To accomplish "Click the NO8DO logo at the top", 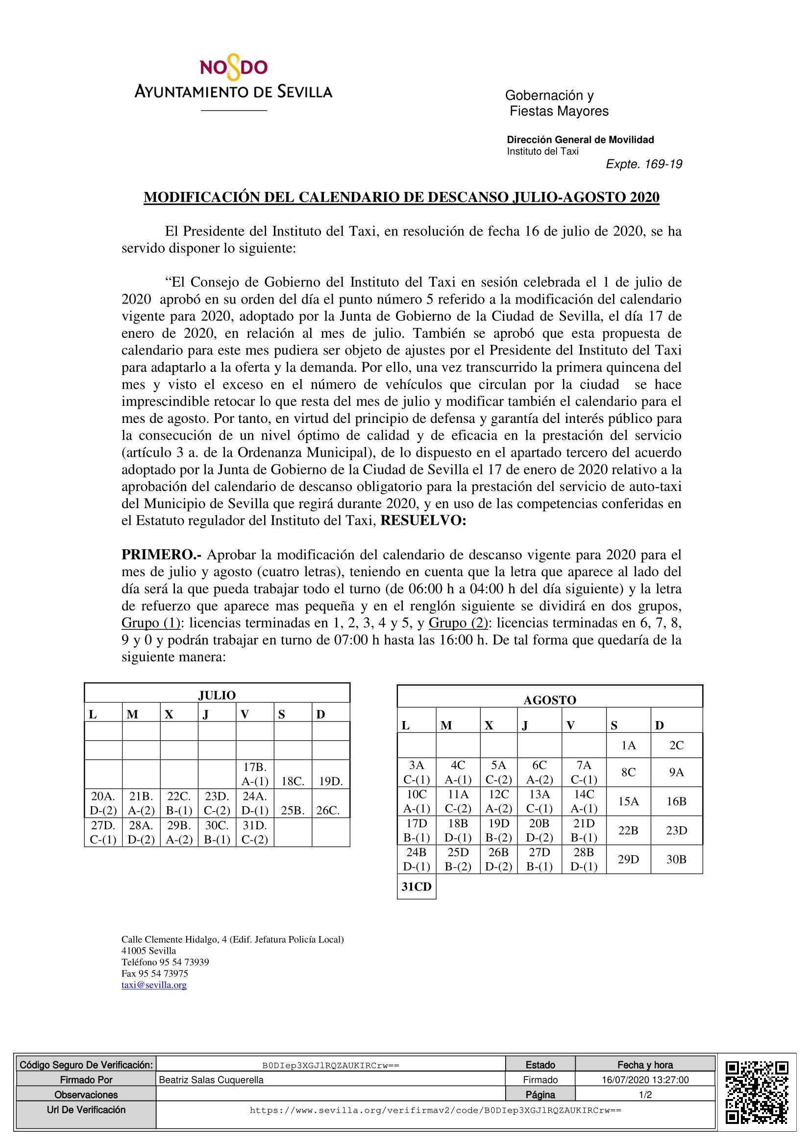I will coord(234,69).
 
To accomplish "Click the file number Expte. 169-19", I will coord(643,164).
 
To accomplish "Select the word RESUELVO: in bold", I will coord(423,521).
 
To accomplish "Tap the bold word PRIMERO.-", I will coord(161,555).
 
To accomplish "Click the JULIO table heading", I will coord(217,695).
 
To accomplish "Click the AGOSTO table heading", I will coord(549,700).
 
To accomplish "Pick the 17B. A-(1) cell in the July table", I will coord(254,774).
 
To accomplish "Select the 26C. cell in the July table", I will coord(328,810).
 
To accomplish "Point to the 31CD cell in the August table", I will coord(416,887).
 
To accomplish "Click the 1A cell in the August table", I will coord(628,746).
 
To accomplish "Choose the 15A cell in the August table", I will coord(628,801).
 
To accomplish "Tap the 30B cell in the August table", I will coord(676,859).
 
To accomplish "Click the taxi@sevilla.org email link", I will coord(154,985).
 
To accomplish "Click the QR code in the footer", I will coord(757,1093).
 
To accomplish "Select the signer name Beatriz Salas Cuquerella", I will coord(211,1080).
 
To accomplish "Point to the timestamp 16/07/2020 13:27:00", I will coord(645,1080).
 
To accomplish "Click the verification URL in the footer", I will coord(435,1110).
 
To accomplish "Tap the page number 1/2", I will coord(645,1095).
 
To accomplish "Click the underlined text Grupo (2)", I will coord(458,623).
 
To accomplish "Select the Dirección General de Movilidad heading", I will coord(580,140).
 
